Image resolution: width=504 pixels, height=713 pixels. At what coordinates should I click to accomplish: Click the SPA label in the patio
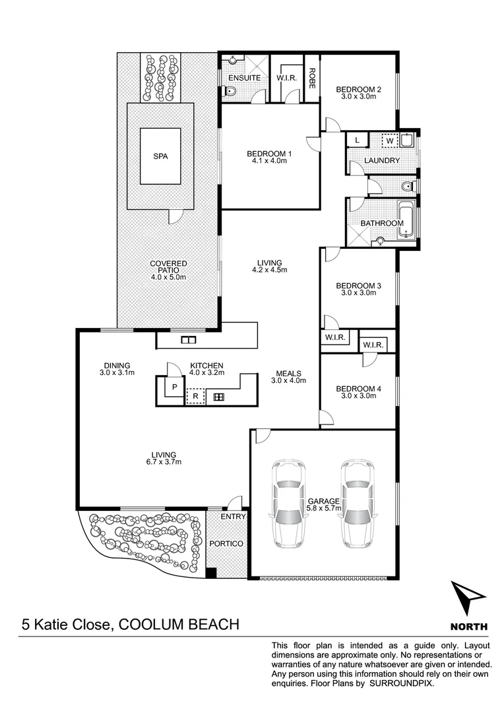pos(160,156)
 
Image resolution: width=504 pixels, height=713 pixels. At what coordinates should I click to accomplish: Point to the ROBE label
pos(311,79)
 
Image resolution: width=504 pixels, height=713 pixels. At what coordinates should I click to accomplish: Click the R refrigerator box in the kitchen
pos(195,397)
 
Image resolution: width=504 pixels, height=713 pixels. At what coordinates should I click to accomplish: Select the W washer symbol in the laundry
pos(389,141)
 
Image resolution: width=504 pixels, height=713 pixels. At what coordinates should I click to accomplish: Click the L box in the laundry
pos(357,140)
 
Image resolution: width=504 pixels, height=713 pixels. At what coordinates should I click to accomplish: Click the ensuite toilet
pos(228,93)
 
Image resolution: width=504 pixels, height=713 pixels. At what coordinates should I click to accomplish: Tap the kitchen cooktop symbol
pos(218,397)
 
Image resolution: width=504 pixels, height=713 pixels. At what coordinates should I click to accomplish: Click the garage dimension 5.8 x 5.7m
pos(324,509)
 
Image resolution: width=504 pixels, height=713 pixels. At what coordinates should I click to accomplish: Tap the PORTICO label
pos(226,543)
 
